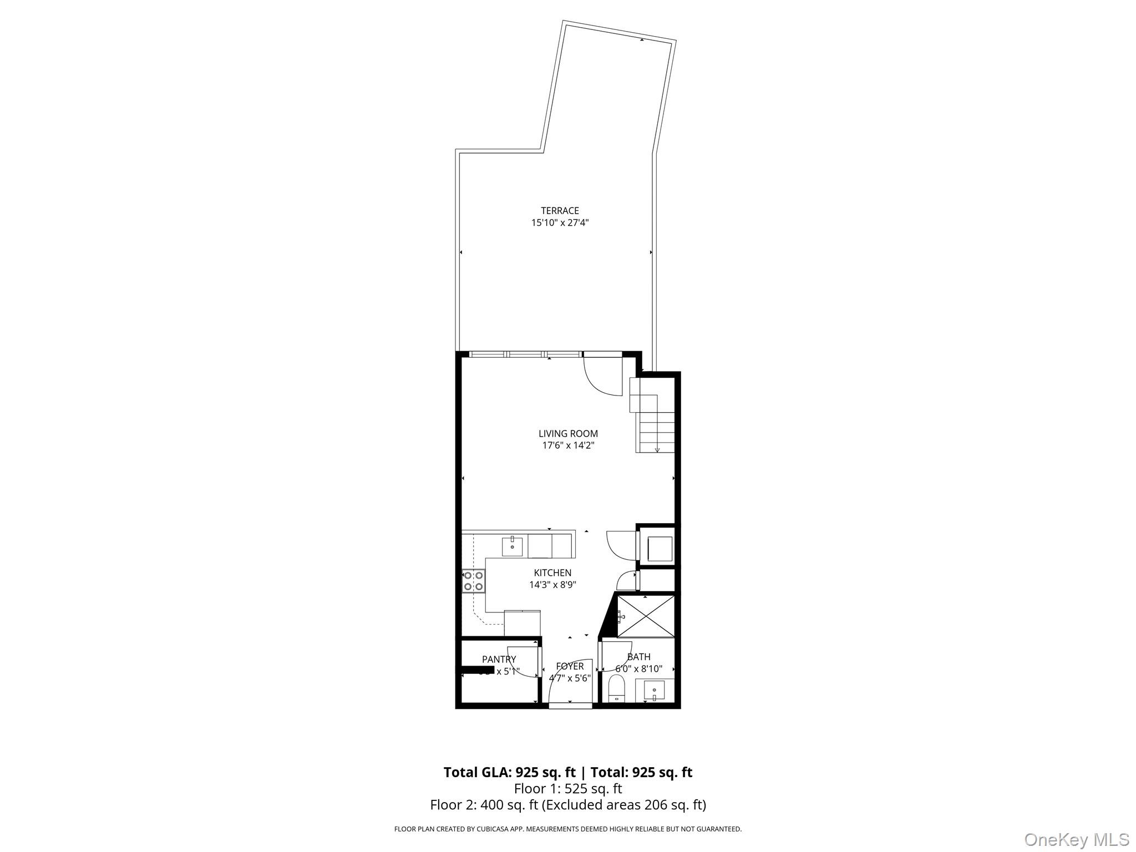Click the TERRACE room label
pos(560,211)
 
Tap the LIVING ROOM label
pos(568,434)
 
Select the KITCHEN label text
pos(552,573)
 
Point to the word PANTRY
pos(499,659)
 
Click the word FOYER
pos(570,666)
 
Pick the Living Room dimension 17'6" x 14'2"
pos(568,445)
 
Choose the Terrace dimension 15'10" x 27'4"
pos(560,223)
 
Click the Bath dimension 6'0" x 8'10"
pos(638,669)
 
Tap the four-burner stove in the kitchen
pos(473,581)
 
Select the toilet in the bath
pos(617,689)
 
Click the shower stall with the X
pos(646,616)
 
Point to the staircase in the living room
pos(655,422)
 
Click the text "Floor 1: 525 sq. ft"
pos(568,789)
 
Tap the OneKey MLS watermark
pos(1076,839)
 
